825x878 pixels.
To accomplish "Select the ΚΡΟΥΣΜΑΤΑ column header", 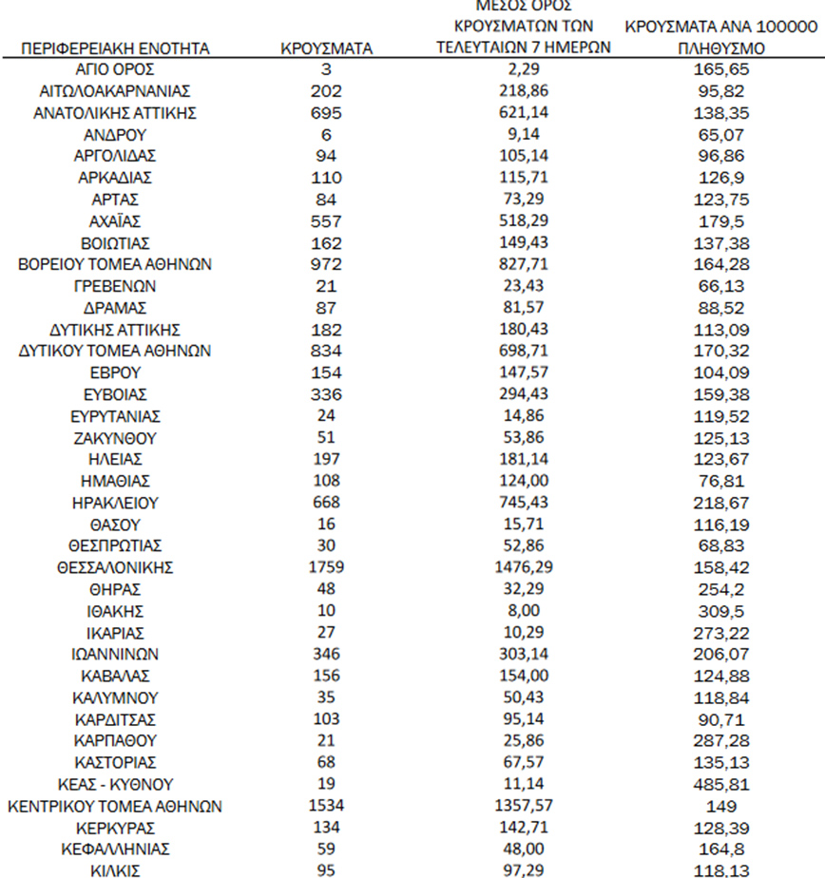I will [x=326, y=48].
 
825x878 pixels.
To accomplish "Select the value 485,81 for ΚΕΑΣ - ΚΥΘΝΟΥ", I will [x=721, y=784].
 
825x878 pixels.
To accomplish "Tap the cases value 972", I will [x=326, y=264].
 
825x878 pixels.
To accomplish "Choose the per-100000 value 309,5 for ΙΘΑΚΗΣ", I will [x=721, y=611].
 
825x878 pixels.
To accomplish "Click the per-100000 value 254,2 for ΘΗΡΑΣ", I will [x=721, y=589].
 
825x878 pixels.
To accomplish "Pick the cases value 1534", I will [x=326, y=806].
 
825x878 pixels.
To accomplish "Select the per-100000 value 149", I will [x=721, y=806].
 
